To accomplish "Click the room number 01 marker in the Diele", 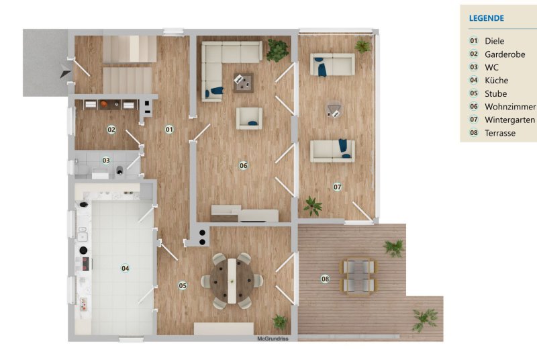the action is [169, 130].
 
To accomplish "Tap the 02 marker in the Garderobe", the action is [111, 130].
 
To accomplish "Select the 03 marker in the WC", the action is [106, 161].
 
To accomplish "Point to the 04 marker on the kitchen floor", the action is [126, 268].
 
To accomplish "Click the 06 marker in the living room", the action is [243, 166].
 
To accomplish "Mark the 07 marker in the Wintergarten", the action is [338, 187].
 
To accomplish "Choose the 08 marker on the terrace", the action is [325, 279].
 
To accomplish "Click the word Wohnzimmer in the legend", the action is [510, 107].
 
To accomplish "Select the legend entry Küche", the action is [496, 81].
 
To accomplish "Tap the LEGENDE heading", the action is [486, 19].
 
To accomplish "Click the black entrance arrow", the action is [65, 71].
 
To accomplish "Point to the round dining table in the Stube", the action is [232, 281].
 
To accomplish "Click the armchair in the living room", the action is [249, 118].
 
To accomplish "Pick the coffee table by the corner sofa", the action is [244, 83].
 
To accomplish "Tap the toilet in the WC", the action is [119, 170].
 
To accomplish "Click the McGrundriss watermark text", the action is [273, 339].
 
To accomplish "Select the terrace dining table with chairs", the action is [358, 276].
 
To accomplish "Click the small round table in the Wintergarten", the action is [333, 109].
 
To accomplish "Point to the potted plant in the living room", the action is [277, 50].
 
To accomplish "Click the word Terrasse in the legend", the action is [500, 133].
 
